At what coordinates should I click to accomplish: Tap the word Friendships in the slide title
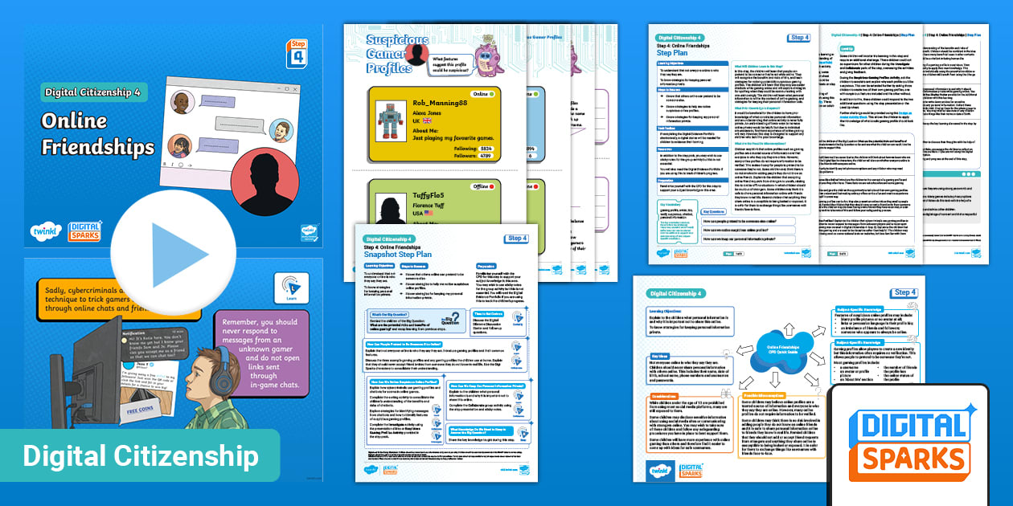click(x=98, y=147)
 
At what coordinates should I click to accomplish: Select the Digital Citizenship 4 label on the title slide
click(x=92, y=92)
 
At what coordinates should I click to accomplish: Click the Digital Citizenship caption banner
click(x=141, y=456)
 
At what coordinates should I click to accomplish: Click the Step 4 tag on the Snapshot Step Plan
click(x=516, y=239)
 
